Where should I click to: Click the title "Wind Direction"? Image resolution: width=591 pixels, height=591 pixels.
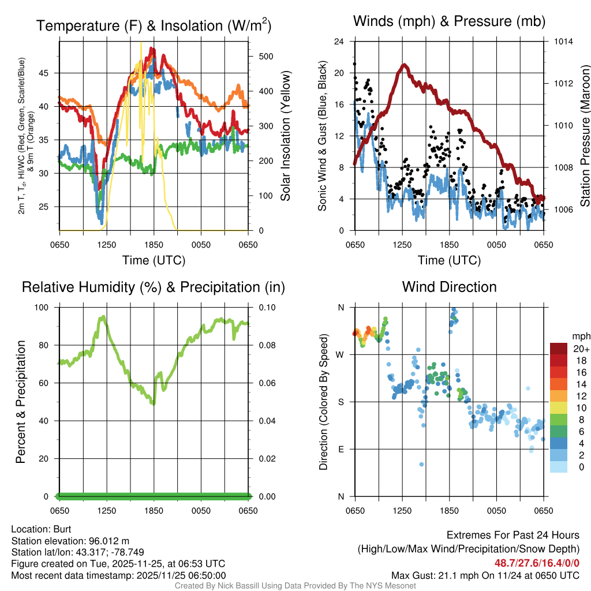click(449, 287)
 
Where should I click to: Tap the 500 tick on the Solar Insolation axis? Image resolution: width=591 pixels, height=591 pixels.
click(265, 57)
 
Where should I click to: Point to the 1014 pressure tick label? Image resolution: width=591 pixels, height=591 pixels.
click(562, 42)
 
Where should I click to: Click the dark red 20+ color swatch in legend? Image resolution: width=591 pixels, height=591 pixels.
click(559, 349)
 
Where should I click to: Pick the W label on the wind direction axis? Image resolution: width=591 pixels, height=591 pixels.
click(341, 354)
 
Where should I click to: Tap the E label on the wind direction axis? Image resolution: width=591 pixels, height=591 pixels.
click(341, 449)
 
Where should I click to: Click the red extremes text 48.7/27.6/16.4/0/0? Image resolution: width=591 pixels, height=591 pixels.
click(537, 563)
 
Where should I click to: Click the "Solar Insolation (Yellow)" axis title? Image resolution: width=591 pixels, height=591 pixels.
click(285, 136)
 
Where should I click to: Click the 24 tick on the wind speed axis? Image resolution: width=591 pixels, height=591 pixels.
click(339, 42)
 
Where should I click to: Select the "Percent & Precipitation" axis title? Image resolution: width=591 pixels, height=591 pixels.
click(21, 402)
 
